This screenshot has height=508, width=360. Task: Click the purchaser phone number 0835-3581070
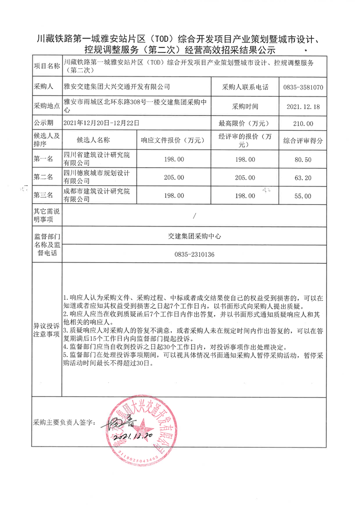click(x=303, y=87)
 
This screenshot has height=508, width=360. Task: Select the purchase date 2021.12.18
click(x=303, y=107)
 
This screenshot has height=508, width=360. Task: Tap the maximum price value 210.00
click(x=303, y=124)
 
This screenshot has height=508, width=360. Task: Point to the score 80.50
click(x=303, y=160)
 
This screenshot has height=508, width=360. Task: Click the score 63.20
click(x=303, y=178)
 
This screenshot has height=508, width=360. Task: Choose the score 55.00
click(x=303, y=196)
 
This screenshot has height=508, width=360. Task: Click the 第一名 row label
click(x=44, y=160)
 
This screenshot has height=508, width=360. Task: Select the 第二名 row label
click(x=44, y=178)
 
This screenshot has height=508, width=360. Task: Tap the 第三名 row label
click(x=44, y=196)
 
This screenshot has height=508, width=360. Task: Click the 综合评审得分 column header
click(x=303, y=141)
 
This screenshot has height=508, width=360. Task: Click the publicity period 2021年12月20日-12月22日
click(x=102, y=123)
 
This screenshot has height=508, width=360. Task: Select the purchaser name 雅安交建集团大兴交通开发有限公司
click(x=117, y=87)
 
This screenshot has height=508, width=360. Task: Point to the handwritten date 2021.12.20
click(x=134, y=435)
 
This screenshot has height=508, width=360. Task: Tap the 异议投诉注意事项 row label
click(x=47, y=330)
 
